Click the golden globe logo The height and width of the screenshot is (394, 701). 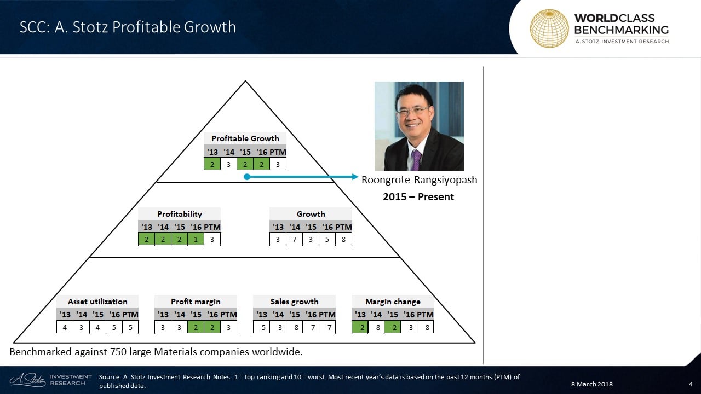click(549, 28)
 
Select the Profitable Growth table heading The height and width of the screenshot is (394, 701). click(245, 138)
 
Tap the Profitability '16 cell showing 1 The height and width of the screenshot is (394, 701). click(196, 239)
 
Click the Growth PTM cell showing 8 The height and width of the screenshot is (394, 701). click(343, 239)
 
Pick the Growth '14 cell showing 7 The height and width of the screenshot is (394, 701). click(294, 239)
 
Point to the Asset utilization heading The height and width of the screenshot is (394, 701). click(97, 302)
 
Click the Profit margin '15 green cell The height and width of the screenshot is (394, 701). click(196, 327)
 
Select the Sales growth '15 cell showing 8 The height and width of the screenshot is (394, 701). click(296, 327)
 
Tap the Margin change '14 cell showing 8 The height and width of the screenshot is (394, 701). click(378, 327)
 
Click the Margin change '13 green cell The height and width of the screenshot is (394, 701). click(360, 327)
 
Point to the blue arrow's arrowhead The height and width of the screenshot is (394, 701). click(355, 177)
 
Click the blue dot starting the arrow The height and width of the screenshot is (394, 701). click(247, 177)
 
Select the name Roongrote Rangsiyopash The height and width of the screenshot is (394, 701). click(420, 180)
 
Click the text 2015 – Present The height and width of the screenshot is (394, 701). click(418, 196)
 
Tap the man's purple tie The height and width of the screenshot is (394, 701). click(416, 160)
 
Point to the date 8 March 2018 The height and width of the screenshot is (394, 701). click(592, 384)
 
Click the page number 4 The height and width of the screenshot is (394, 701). click(691, 384)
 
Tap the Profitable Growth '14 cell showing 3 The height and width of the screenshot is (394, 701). click(228, 164)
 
